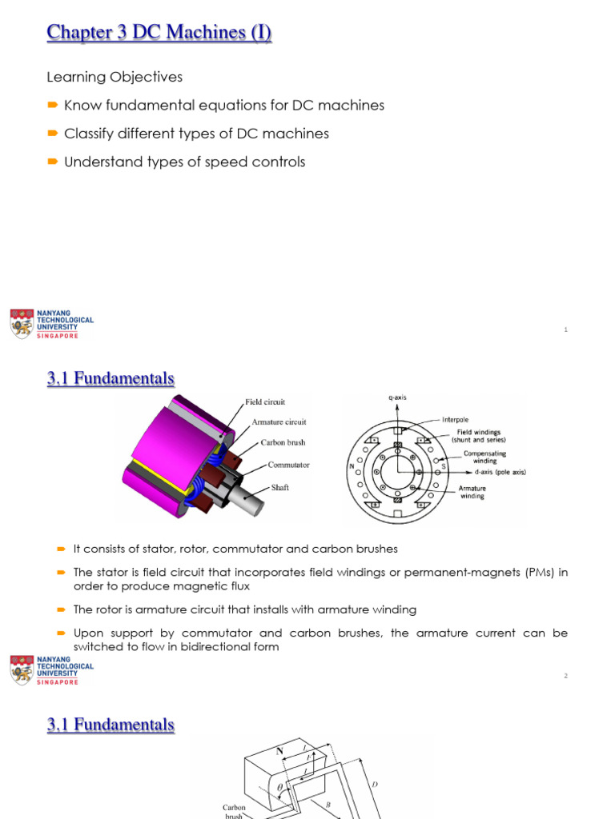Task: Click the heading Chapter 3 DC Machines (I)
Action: pyautogui.click(x=159, y=33)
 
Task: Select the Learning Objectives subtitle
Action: pyautogui.click(x=115, y=77)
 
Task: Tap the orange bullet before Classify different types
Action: pyautogui.click(x=52, y=134)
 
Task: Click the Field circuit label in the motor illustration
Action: pyautogui.click(x=264, y=402)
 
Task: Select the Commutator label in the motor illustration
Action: pyautogui.click(x=288, y=465)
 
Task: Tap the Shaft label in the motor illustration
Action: pyautogui.click(x=280, y=487)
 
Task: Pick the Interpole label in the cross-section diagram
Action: pyautogui.click(x=456, y=418)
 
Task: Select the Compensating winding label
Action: pyautogui.click(x=485, y=457)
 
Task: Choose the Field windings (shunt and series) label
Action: pyautogui.click(x=479, y=436)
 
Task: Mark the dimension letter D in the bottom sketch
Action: pyautogui.click(x=375, y=784)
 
